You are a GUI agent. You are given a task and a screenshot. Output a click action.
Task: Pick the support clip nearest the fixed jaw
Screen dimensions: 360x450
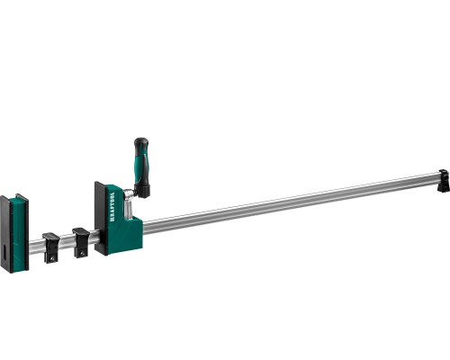(51, 243)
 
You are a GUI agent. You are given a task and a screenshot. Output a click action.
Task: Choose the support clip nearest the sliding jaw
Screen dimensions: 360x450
(82, 238)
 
